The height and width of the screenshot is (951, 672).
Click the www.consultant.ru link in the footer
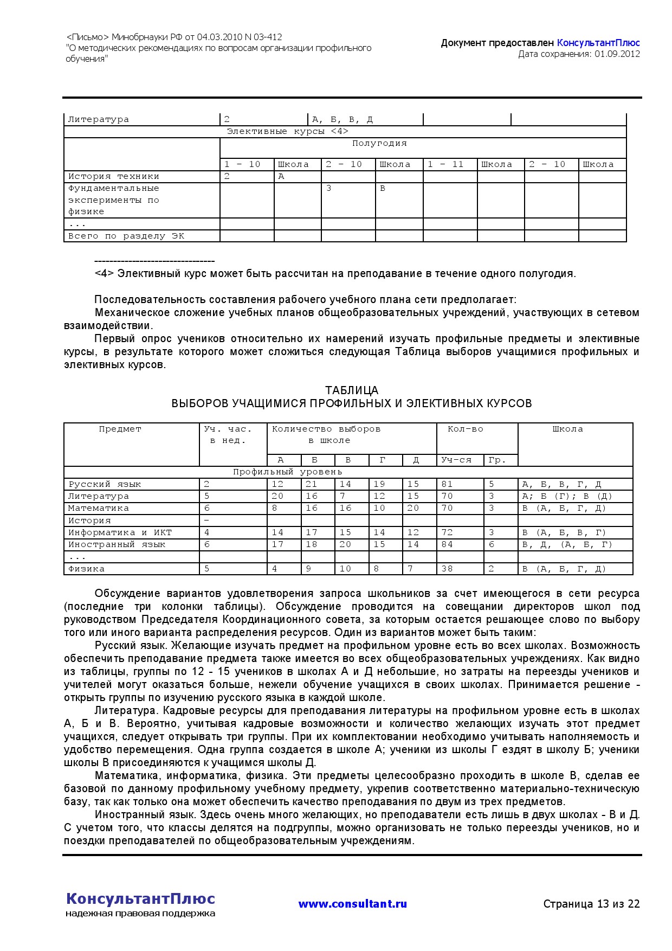coord(352,904)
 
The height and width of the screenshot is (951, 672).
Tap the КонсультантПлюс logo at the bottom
coord(140,899)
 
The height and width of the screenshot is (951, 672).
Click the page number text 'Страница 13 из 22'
coord(591,904)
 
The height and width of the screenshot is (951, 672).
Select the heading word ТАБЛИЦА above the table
coord(352,390)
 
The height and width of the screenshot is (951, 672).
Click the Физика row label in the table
coord(86,569)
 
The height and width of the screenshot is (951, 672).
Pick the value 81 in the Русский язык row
coord(447,484)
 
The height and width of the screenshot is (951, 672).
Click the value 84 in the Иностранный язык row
coord(447,544)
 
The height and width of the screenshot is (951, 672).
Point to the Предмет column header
coord(120,429)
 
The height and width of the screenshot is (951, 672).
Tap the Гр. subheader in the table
coord(496,460)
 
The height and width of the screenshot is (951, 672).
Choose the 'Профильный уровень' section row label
coord(287,472)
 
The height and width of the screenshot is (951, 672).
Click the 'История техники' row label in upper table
coord(114,176)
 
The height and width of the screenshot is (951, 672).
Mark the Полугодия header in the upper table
coord(379,144)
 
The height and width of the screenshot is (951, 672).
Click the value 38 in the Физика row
coord(447,569)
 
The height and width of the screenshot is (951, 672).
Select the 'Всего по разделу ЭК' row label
coord(126,236)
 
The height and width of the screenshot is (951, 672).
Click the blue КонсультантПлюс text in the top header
coord(598,43)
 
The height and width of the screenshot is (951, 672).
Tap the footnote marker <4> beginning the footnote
coord(104,274)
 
